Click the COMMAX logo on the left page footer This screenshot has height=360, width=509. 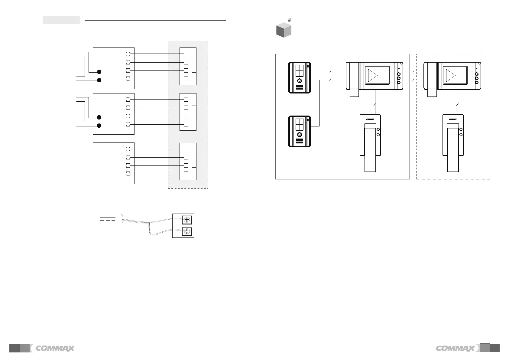[55, 349]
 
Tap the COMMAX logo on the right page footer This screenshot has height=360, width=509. [456, 349]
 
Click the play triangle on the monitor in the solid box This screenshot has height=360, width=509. [373, 76]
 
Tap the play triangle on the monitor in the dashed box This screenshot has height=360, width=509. [450, 76]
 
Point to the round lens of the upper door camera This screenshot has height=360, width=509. [300, 81]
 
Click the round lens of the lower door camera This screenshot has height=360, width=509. [300, 135]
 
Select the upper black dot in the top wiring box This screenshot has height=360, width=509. [99, 72]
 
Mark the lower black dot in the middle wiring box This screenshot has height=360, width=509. [99, 126]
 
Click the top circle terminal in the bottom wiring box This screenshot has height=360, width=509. [128, 149]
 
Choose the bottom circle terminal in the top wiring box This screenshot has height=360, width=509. [128, 79]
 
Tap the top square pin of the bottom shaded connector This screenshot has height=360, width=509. [186, 149]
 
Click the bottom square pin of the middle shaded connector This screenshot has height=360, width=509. [186, 124]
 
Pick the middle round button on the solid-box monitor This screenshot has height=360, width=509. [399, 78]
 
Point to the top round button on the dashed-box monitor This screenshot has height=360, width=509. [477, 74]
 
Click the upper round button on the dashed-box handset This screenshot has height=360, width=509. [461, 129]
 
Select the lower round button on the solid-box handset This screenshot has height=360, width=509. [378, 135]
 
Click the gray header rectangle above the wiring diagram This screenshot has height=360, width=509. [62, 20]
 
